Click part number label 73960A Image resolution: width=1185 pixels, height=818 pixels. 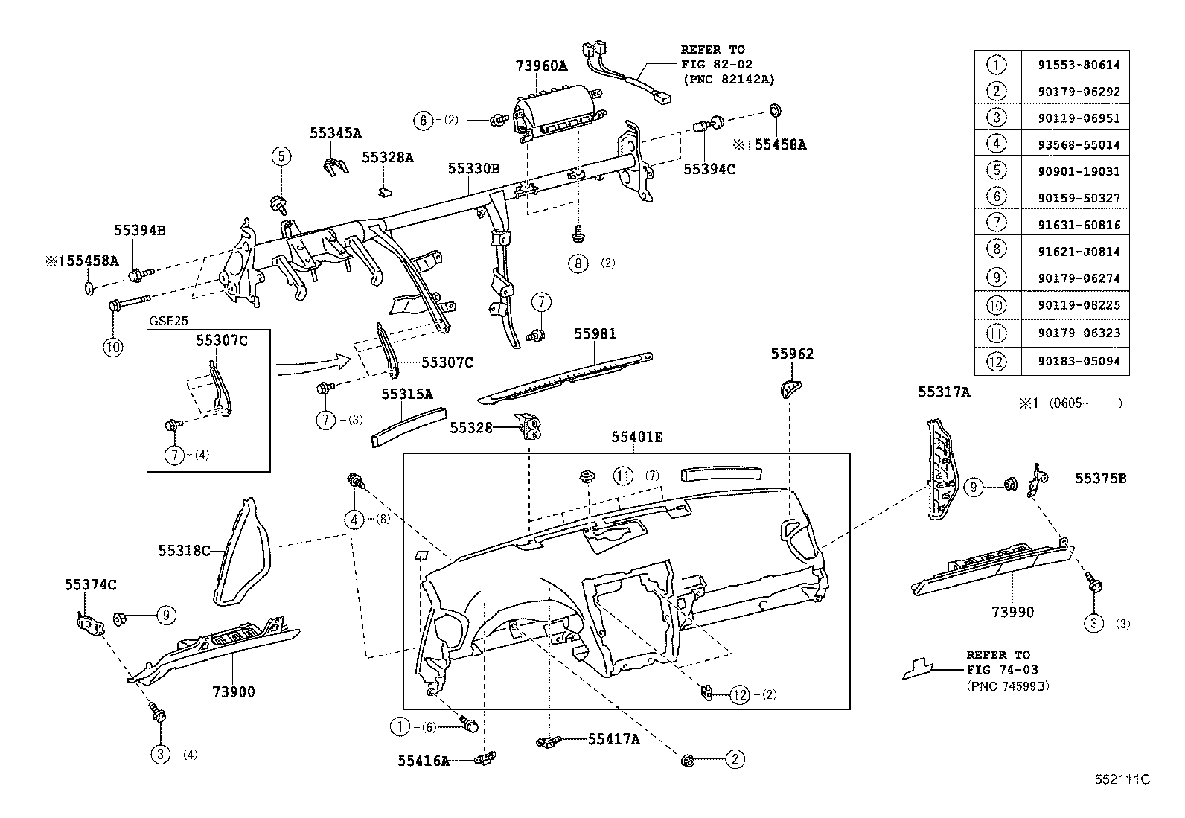coord(541,65)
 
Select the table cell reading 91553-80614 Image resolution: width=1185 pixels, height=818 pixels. coord(1078,65)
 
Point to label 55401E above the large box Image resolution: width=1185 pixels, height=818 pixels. coord(636,437)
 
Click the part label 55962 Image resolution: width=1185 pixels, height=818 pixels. coord(792,354)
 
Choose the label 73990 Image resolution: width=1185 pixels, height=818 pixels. coord(1012,612)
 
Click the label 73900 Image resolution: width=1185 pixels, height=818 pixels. coord(233,691)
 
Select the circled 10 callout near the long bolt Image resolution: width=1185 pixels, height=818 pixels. coord(112,346)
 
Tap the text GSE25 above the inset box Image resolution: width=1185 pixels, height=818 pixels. coord(169,321)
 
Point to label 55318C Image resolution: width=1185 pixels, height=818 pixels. coord(184,551)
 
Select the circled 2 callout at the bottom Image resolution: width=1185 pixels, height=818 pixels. coord(734,759)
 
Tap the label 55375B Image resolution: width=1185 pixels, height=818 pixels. coord(1100,479)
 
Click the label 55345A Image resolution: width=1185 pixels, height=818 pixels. coord(336,133)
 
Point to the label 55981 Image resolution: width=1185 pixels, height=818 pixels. coord(595,334)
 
